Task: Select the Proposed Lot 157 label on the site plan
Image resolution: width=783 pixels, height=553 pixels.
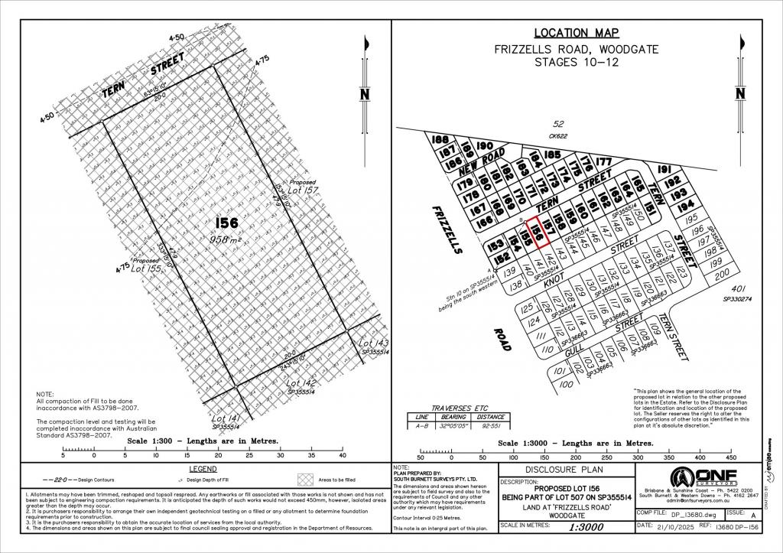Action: [299, 188]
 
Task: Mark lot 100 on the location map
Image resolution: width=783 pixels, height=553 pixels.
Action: [566, 384]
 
